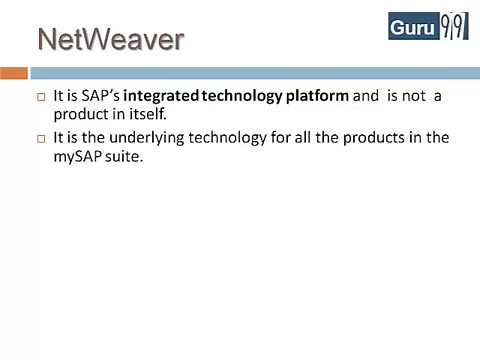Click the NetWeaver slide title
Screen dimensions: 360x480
(111, 40)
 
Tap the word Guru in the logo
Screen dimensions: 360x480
(413, 27)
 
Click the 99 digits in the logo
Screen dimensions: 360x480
(453, 26)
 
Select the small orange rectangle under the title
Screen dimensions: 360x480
(13, 73)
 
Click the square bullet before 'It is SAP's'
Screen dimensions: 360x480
(41, 98)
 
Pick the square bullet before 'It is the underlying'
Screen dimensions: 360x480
(41, 138)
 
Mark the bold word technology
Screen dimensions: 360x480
(243, 97)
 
